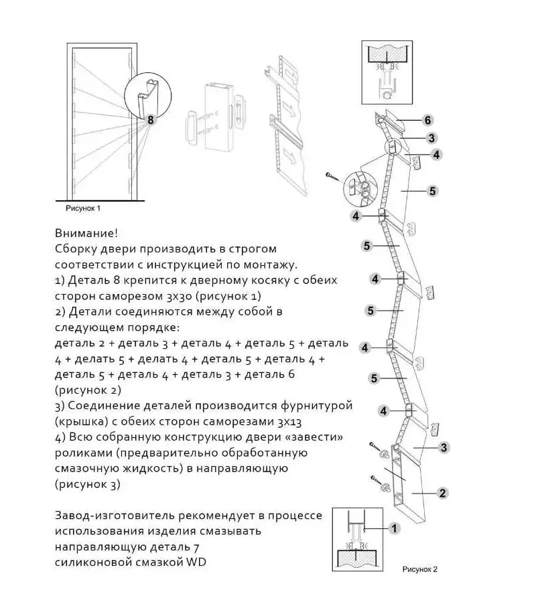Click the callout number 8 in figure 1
(x=150, y=120)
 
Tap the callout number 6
(x=427, y=121)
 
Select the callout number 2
(x=442, y=493)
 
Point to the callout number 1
(x=395, y=528)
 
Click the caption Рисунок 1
(x=83, y=208)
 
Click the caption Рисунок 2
(x=420, y=569)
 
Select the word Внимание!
(x=86, y=233)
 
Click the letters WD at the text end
(x=196, y=562)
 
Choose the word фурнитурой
(x=317, y=406)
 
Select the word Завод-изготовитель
(x=115, y=516)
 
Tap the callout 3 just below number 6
(x=431, y=137)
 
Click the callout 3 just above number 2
(x=443, y=447)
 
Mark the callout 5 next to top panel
(x=432, y=191)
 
